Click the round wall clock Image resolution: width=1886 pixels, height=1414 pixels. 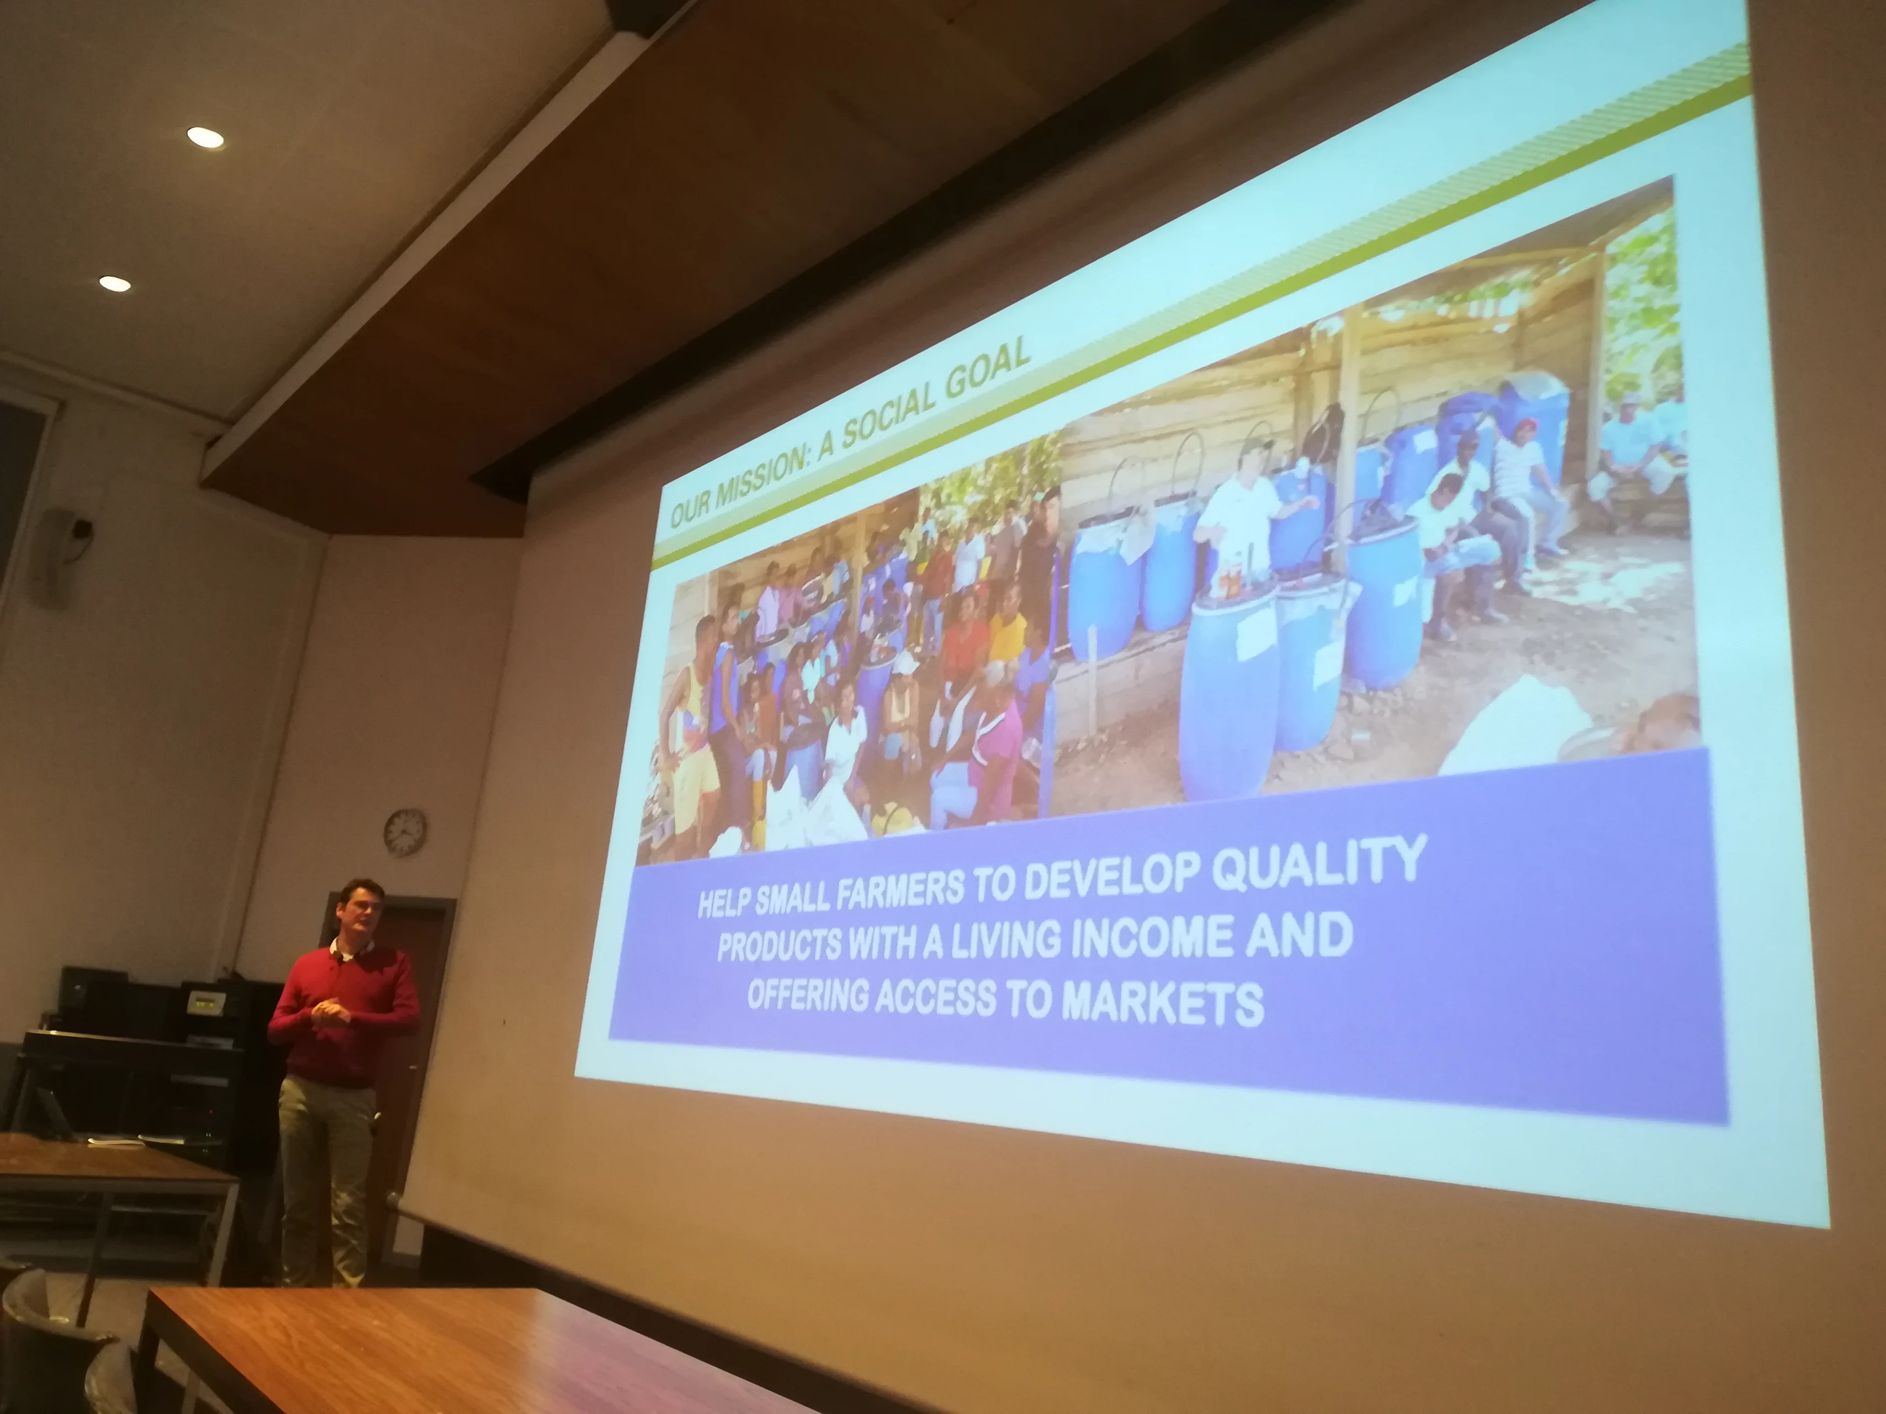[x=405, y=832]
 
